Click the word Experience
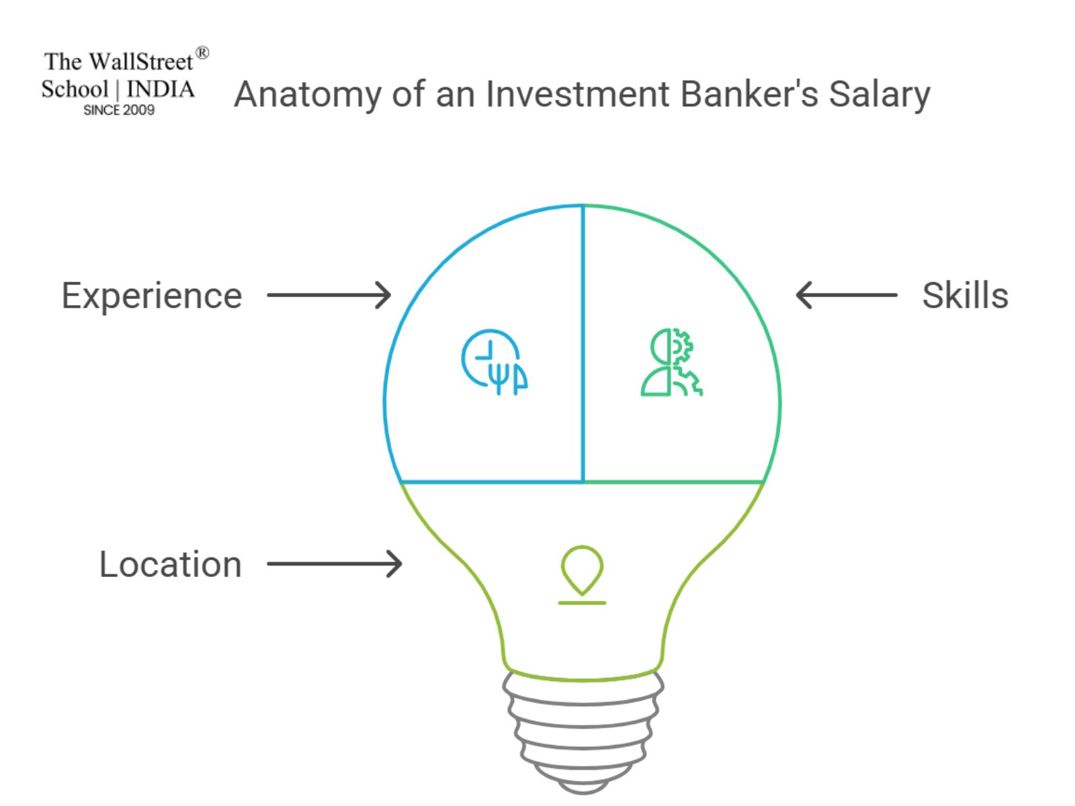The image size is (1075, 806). [151, 296]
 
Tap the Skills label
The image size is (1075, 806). [965, 296]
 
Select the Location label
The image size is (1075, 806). [170, 564]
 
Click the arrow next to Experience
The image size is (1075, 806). [329, 295]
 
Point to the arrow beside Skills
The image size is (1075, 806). [846, 295]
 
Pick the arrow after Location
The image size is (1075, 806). [334, 564]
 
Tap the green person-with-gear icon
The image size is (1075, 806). [671, 362]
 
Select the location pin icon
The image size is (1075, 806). [582, 575]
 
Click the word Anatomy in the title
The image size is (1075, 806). [307, 94]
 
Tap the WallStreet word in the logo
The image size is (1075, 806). [141, 62]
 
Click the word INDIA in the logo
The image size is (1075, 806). [161, 89]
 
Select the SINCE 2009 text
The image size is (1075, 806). [119, 110]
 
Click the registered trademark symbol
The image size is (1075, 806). [202, 53]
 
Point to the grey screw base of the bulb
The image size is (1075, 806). [583, 732]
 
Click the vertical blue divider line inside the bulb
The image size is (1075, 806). [583, 343]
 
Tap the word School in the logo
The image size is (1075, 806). [75, 89]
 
